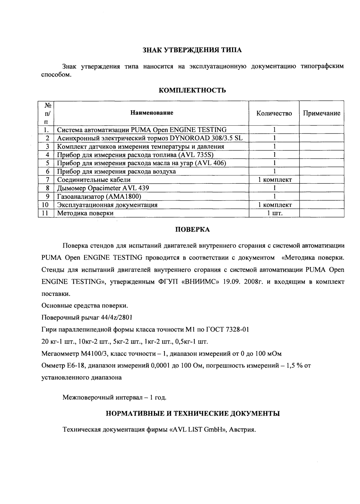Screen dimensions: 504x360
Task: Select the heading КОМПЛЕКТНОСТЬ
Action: click(x=192, y=91)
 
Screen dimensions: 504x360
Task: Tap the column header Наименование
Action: click(x=152, y=113)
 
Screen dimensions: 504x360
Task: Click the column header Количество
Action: click(x=274, y=113)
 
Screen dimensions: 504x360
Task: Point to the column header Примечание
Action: click(x=321, y=113)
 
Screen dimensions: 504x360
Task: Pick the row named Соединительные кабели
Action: click(x=94, y=180)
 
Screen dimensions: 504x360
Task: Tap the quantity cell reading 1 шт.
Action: click(x=274, y=213)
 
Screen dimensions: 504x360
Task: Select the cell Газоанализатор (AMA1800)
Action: click(x=99, y=197)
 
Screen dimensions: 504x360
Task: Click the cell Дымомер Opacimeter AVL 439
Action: click(x=103, y=188)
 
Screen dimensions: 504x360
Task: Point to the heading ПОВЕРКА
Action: click(x=192, y=230)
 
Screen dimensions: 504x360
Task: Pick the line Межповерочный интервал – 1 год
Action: click(x=114, y=398)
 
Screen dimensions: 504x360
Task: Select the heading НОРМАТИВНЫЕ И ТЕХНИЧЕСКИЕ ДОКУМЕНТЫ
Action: click(x=192, y=414)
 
